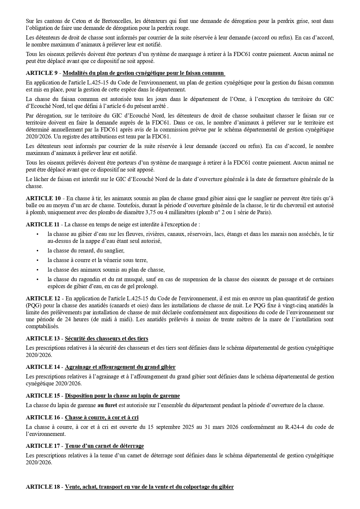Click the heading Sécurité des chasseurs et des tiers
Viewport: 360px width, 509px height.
point(106,338)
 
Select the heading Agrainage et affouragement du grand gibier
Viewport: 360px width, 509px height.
point(120,367)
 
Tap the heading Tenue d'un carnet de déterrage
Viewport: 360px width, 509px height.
point(104,446)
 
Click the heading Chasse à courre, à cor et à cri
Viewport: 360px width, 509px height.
point(102,417)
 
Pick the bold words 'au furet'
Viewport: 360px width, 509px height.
point(105,405)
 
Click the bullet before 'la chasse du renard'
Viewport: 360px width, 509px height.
point(37,250)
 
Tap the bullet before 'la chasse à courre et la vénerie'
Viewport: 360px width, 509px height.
point(37,260)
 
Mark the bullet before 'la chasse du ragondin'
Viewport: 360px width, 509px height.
point(37,279)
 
